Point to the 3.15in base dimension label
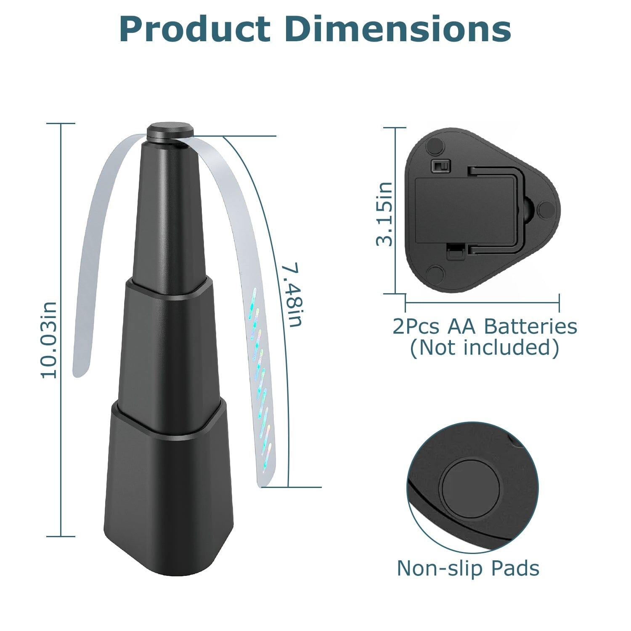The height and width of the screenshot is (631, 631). click(x=384, y=214)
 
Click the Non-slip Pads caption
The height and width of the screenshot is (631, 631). click(x=468, y=568)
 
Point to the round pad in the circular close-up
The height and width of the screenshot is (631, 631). click(x=471, y=488)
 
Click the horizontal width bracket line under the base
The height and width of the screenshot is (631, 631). click(x=482, y=301)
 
